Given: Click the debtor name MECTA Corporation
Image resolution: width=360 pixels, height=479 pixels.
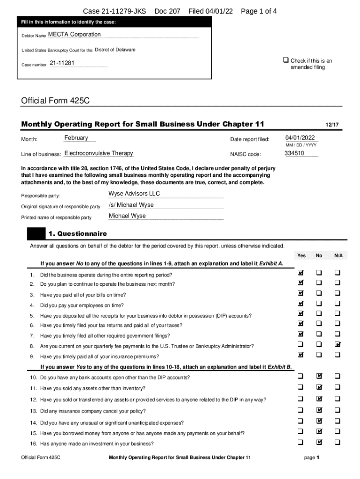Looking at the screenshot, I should [x=74, y=35].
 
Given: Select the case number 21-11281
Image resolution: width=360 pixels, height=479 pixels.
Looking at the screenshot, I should [x=62, y=63].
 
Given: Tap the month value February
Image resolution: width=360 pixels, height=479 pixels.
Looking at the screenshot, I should [x=76, y=138].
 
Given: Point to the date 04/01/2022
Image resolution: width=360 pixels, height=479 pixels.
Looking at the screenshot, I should [x=300, y=138].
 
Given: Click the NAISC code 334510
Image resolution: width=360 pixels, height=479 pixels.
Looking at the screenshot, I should [x=294, y=153].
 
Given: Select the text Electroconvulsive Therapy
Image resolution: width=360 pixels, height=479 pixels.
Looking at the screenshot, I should [x=99, y=153].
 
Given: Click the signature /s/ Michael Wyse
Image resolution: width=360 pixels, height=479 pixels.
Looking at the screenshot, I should [x=131, y=205].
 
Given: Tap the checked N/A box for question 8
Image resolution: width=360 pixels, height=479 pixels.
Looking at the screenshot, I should [x=338, y=345].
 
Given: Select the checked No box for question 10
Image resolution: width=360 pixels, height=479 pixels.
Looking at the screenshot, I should [x=319, y=376].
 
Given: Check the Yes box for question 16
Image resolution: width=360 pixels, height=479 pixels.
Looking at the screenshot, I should [x=301, y=442].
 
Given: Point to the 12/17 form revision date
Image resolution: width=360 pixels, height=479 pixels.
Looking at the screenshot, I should [x=332, y=125].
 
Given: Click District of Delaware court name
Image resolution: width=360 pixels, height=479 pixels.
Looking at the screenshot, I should [x=115, y=50].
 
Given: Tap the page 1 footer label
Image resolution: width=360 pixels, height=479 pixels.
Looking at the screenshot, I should [x=311, y=457].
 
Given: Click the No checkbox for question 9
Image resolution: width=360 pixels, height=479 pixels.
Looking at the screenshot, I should [x=319, y=355].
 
